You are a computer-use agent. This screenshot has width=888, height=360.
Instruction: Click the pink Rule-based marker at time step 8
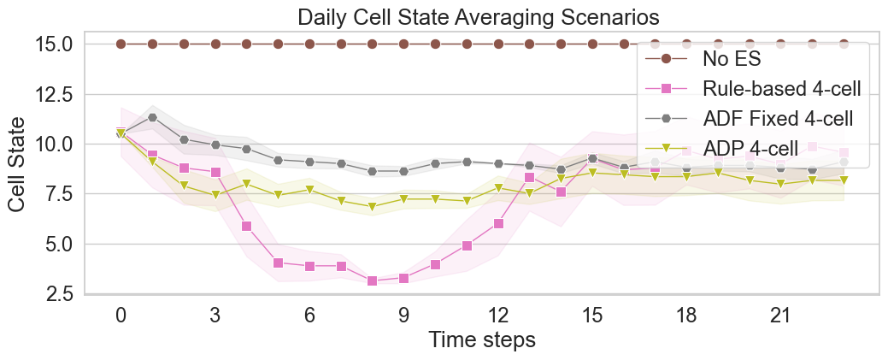[x=372, y=280]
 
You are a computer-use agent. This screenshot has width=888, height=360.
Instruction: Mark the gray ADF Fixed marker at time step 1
[x=152, y=117]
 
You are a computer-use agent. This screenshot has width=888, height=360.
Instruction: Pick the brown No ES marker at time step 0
[x=121, y=44]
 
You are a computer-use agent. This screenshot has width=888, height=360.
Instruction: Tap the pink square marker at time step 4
[x=246, y=226]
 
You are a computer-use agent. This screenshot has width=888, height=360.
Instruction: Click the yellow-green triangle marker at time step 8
[x=372, y=207]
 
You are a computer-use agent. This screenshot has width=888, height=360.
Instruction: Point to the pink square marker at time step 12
[x=497, y=223]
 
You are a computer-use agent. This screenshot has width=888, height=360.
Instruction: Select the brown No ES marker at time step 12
[x=497, y=44]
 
